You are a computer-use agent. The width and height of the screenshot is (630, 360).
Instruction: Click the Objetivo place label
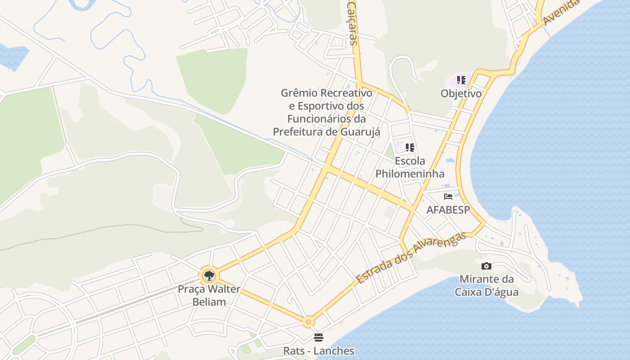[461, 94]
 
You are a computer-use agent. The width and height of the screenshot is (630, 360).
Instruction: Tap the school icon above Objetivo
[461, 80]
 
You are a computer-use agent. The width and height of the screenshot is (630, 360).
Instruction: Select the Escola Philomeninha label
[409, 167]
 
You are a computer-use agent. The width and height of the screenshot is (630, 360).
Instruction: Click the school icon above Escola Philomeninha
[409, 147]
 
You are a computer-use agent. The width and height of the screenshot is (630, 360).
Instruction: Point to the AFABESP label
[448, 210]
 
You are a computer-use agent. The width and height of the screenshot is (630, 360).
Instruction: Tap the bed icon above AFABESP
[448, 196]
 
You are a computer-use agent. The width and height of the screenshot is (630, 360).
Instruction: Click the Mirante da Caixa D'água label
[486, 285]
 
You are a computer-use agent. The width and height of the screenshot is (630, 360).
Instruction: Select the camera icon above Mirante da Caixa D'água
[486, 266]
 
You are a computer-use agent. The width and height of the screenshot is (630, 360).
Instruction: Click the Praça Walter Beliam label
[209, 295]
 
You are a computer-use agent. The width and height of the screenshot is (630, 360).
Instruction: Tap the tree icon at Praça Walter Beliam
[208, 275]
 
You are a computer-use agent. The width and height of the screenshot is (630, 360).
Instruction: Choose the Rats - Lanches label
[319, 351]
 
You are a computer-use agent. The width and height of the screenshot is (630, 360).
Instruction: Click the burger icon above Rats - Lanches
[319, 337]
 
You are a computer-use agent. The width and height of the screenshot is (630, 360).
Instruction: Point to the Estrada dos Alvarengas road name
[411, 258]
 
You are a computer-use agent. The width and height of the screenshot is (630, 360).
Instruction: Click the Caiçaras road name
[352, 22]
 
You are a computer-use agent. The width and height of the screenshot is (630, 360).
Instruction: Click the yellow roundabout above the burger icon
[308, 322]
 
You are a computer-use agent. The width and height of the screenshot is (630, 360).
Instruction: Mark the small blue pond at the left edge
[12, 57]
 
